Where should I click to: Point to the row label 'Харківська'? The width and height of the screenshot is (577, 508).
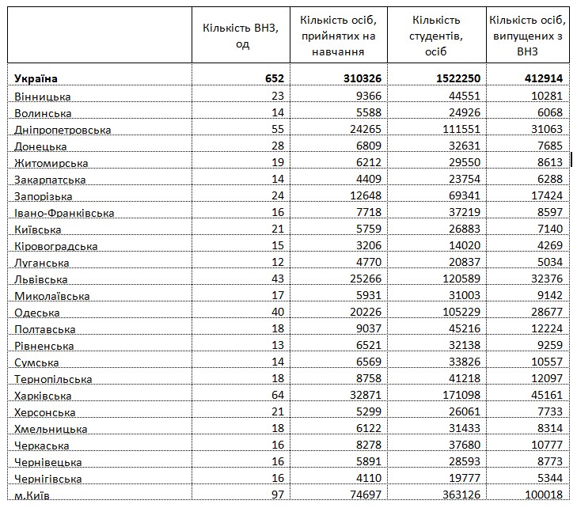(x=43, y=395)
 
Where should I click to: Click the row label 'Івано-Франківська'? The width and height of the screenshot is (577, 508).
(x=64, y=213)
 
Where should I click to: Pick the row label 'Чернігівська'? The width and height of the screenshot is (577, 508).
(x=47, y=479)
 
